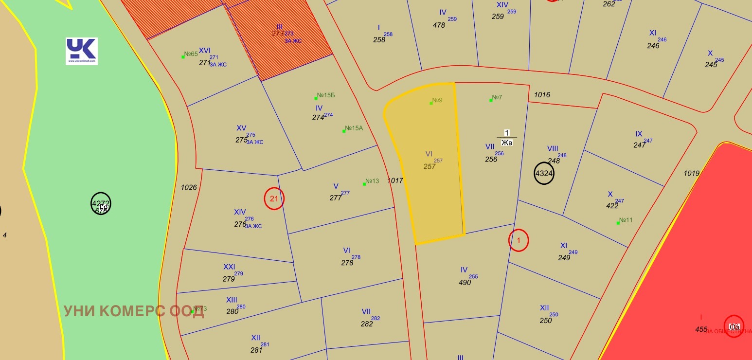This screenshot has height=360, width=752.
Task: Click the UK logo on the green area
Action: pyautogui.click(x=82, y=51)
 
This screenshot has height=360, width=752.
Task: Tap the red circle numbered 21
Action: pyautogui.click(x=274, y=198)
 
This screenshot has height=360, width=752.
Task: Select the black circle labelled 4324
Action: pyautogui.click(x=544, y=173)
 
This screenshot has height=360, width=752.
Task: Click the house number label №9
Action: pyautogui.click(x=437, y=101)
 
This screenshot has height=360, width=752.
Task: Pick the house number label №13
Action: pyautogui.click(x=372, y=181)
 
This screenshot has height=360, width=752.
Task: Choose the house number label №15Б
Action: pyautogui.click(x=325, y=95)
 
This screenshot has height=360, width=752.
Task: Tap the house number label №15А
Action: pyautogui.click(x=354, y=128)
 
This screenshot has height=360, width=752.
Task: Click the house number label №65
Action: pyautogui.click(x=191, y=54)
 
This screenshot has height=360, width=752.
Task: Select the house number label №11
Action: pyautogui.click(x=626, y=220)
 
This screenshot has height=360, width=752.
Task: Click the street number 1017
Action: pyautogui.click(x=395, y=180)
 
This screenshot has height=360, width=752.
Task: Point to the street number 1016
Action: pyautogui.click(x=542, y=95)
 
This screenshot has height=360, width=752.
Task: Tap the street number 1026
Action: pyautogui.click(x=189, y=187)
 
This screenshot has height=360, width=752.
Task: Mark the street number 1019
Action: pyautogui.click(x=691, y=173)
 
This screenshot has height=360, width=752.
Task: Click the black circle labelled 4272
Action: pyautogui.click(x=101, y=204)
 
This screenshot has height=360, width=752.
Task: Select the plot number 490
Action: pyautogui.click(x=465, y=282)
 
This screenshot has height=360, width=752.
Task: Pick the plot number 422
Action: pyautogui.click(x=612, y=206)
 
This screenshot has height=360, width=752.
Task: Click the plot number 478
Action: pyautogui.click(x=439, y=25)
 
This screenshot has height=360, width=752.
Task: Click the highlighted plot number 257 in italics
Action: pyautogui.click(x=429, y=166)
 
